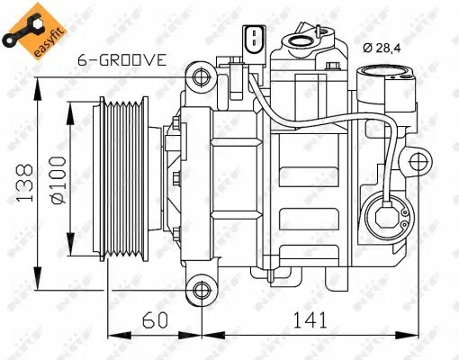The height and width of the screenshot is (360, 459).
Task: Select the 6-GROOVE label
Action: pyautogui.click(x=122, y=61)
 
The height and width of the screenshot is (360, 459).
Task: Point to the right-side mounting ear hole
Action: pyautogui.click(x=419, y=163)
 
